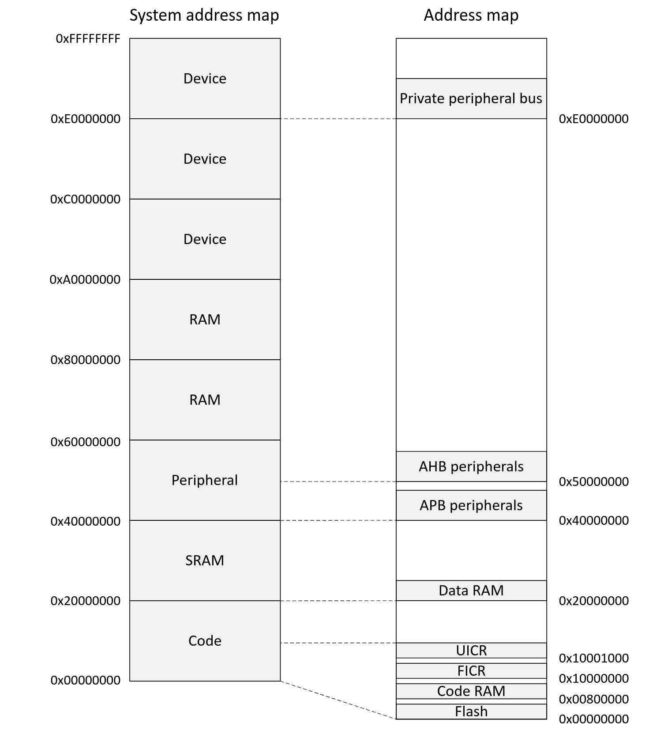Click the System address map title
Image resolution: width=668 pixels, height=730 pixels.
[x=204, y=15]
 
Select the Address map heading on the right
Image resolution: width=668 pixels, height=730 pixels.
[x=471, y=15]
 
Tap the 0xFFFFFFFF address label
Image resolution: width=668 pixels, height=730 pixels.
[x=88, y=39]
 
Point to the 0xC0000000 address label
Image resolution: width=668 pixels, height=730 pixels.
[x=85, y=199]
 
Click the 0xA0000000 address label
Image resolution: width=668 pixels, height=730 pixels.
[x=85, y=280]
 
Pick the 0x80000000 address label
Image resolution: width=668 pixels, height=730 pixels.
[x=85, y=360]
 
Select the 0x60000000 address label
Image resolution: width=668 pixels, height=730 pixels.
[x=85, y=442]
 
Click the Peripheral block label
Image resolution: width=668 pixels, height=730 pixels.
[x=204, y=480]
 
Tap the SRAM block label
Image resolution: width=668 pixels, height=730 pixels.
[x=204, y=561]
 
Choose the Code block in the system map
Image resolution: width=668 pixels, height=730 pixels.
[x=204, y=641]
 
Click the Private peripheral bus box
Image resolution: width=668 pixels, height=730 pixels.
[x=471, y=98]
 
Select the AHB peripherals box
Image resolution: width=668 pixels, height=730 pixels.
[x=471, y=467]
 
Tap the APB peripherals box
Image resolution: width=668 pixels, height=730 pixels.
[x=471, y=505]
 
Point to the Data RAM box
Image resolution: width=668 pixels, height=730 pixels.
[x=471, y=591]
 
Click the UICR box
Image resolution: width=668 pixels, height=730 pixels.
[x=471, y=651]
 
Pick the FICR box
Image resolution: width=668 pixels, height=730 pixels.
[x=471, y=671]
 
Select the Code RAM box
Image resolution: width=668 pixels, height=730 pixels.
[x=471, y=691]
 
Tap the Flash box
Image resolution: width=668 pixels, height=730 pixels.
[x=471, y=711]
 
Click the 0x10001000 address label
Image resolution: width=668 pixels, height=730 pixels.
[x=593, y=659]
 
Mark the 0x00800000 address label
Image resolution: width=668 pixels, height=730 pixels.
[x=593, y=699]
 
